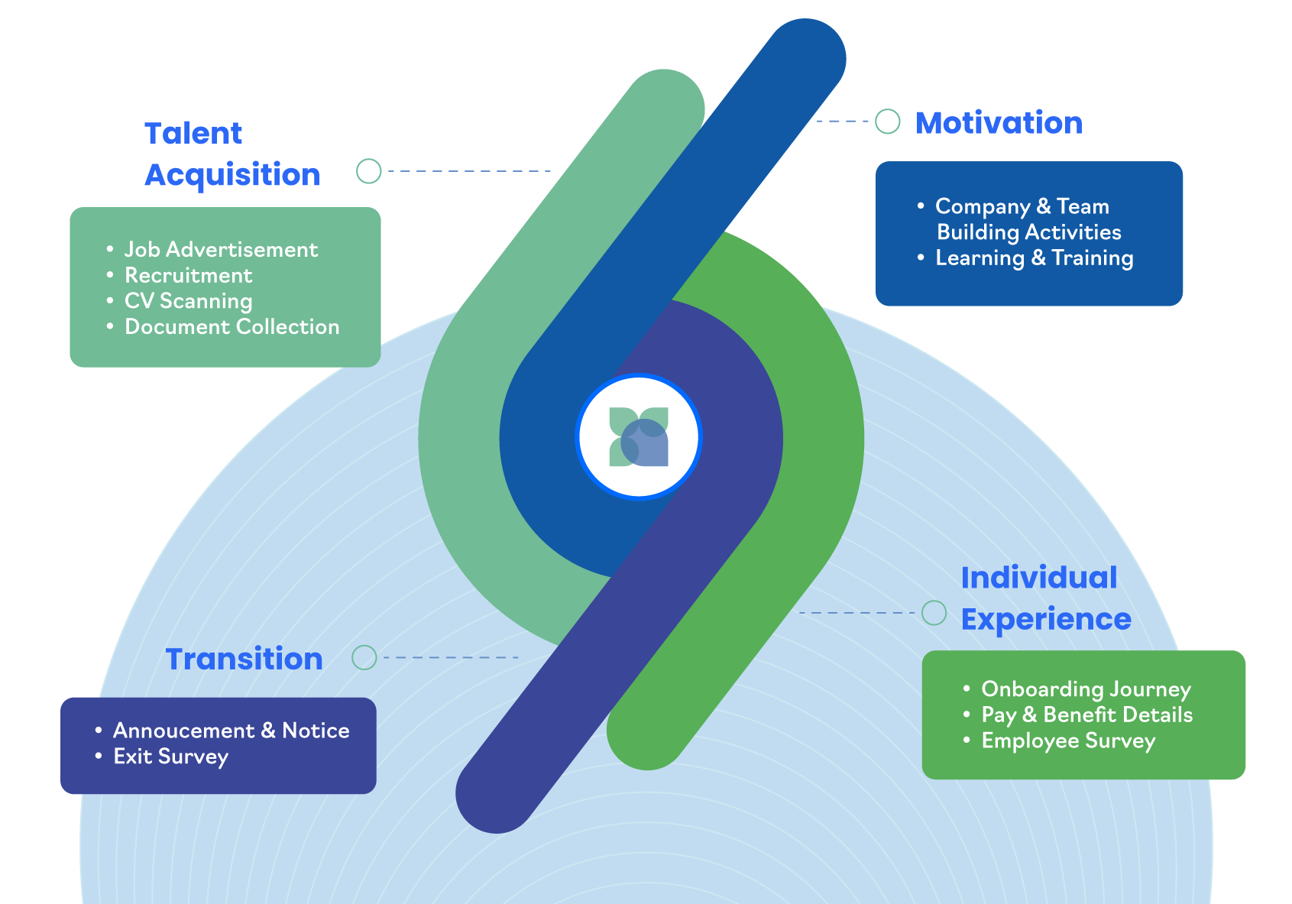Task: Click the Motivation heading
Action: click(999, 123)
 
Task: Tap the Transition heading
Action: click(244, 659)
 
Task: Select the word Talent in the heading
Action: click(193, 133)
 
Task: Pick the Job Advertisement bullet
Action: click(221, 250)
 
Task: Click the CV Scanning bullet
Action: click(189, 301)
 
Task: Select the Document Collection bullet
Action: click(232, 326)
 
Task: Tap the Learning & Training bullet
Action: click(1035, 258)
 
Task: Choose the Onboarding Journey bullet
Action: click(1086, 689)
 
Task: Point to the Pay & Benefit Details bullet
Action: click(1086, 715)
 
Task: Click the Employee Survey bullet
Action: click(1068, 740)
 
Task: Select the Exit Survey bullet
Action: click(170, 757)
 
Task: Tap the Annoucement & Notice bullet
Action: click(232, 731)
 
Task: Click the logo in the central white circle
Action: click(639, 436)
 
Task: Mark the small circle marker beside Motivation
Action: click(888, 122)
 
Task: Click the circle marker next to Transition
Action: click(364, 657)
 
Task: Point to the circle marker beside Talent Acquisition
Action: click(368, 171)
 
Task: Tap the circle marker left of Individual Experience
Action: click(934, 613)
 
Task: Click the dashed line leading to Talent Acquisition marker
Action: click(469, 171)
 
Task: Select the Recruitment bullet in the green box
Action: click(188, 275)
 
